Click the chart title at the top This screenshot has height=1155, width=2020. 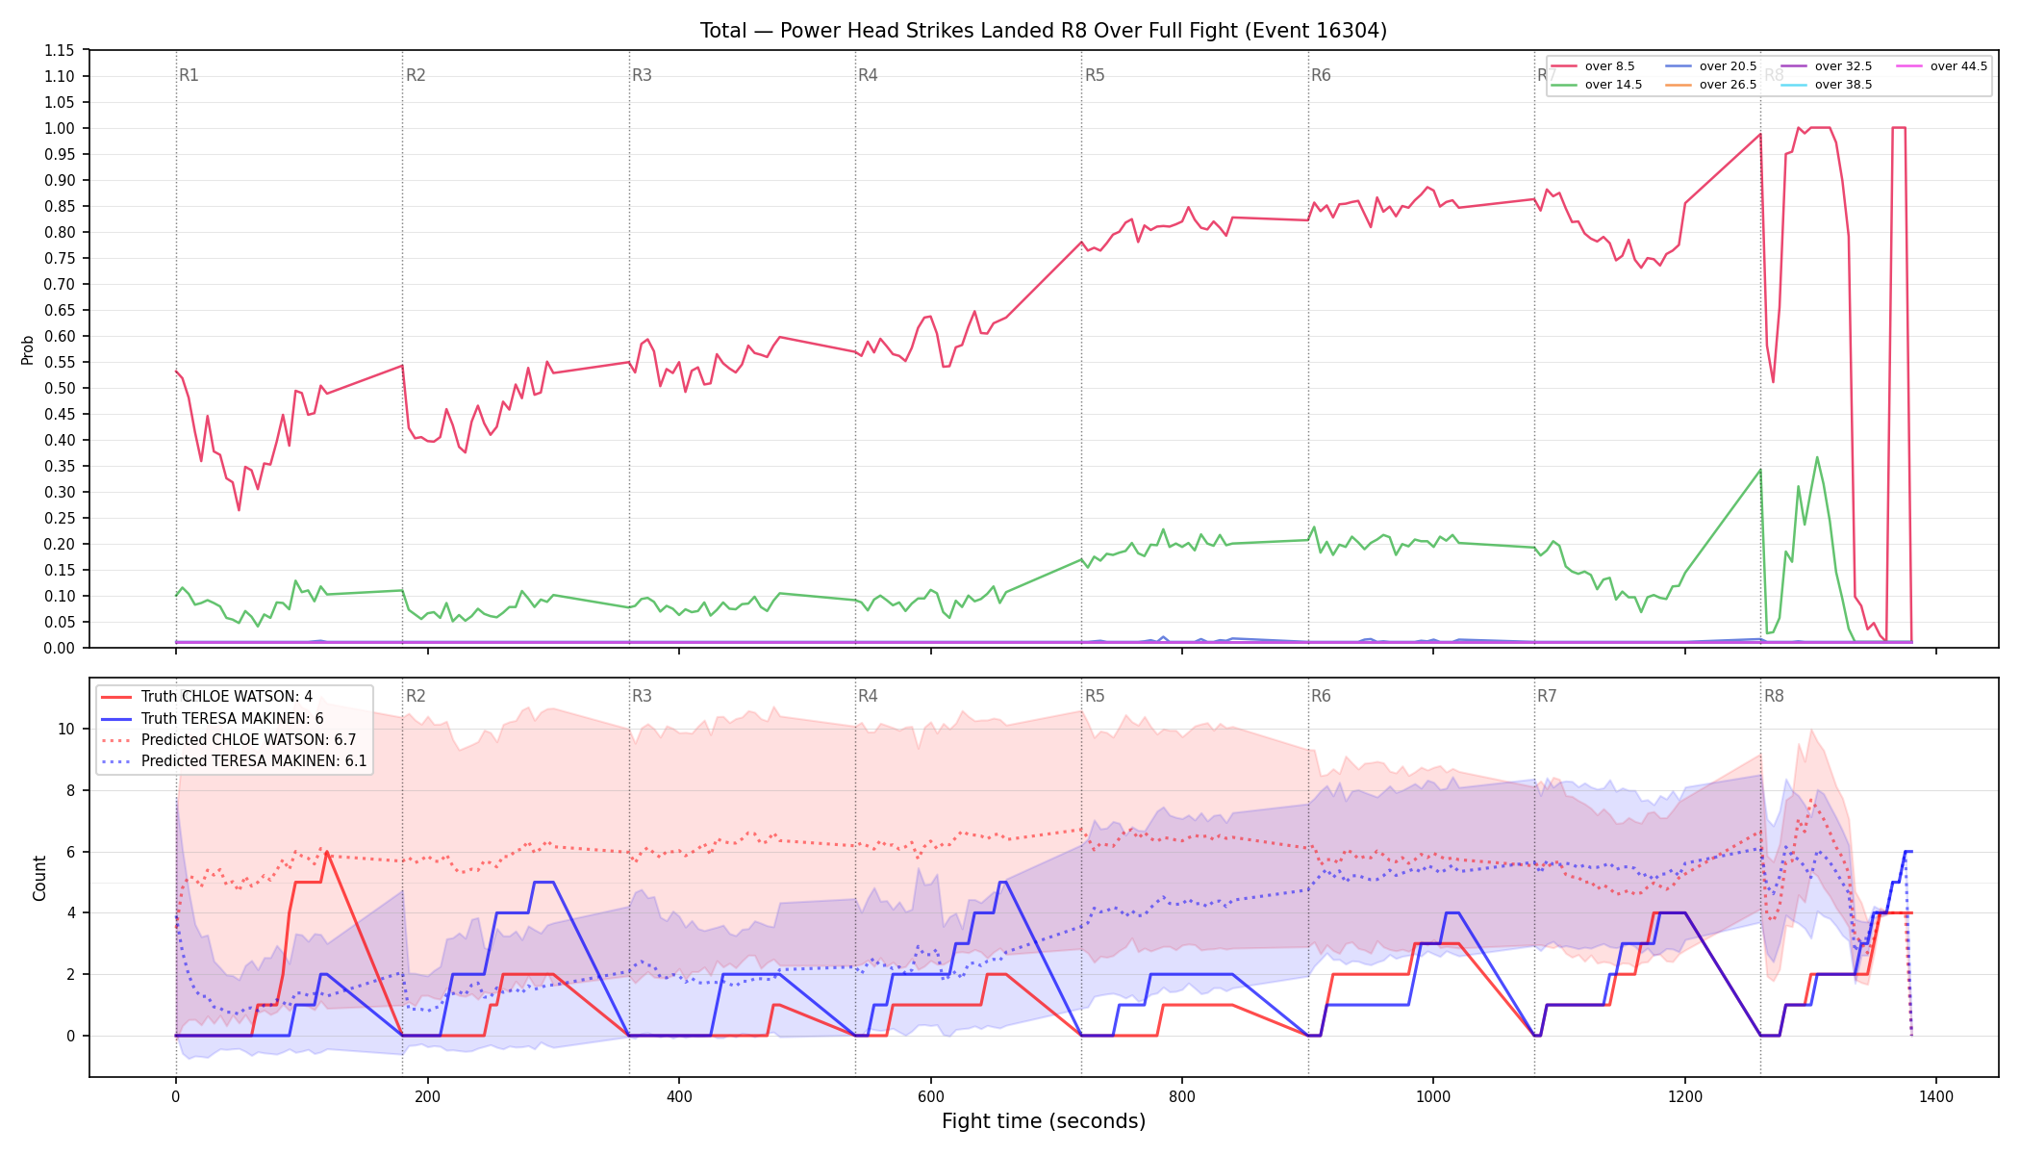1044,31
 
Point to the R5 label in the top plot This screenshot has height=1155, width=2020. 1095,75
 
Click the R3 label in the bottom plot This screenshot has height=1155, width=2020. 642,696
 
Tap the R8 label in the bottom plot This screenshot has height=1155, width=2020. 1774,696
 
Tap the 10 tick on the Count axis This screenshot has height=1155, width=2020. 66,729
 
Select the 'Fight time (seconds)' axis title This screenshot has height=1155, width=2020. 1044,1121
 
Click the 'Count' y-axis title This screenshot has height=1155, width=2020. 39,878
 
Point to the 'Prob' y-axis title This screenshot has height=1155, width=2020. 28,349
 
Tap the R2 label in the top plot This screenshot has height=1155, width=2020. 416,75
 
